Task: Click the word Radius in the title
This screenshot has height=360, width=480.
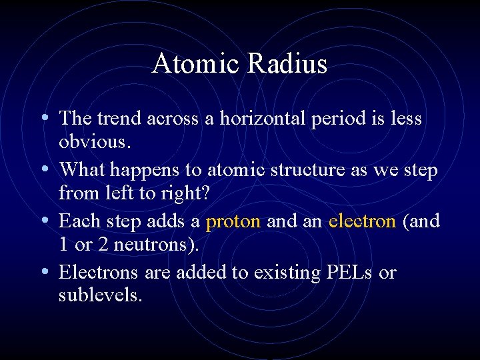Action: pyautogui.click(x=288, y=64)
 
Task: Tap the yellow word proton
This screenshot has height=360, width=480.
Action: pyautogui.click(x=233, y=221)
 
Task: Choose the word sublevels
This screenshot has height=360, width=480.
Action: pyautogui.click(x=100, y=295)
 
